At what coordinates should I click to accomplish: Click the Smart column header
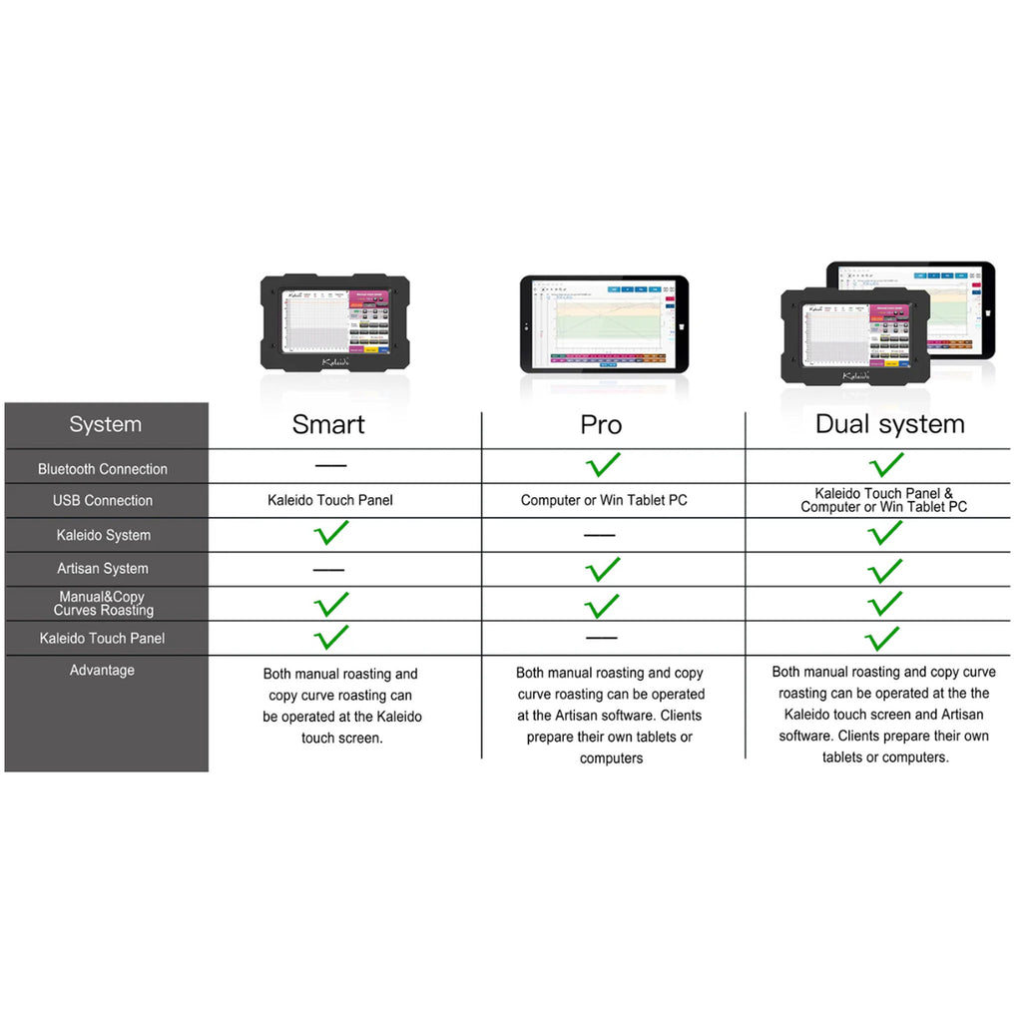328,424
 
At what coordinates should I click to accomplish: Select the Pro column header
601,424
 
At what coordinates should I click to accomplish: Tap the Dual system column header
889,424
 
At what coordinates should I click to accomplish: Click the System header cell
105,424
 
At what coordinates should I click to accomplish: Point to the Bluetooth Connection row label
103,469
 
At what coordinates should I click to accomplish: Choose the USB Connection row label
103,500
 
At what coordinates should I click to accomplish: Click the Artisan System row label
103,569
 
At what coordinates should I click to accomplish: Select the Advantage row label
102,671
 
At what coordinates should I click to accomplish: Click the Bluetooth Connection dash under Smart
330,466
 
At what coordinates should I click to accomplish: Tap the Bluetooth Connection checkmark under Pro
602,464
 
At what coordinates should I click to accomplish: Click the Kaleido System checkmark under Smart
331,532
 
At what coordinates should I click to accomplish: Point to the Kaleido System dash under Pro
600,536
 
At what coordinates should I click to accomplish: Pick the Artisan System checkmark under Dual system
884,570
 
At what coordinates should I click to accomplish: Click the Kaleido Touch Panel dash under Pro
602,638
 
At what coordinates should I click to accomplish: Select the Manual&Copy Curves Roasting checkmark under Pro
602,605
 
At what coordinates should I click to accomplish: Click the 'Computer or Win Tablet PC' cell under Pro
604,500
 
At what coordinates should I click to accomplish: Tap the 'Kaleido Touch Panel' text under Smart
330,500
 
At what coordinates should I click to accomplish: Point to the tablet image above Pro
604,323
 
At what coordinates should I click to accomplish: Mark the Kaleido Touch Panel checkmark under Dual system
882,638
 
